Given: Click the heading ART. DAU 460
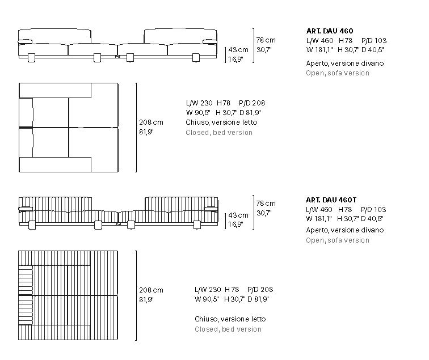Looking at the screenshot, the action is point(330,31).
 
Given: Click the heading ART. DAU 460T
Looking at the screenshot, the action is point(331,200).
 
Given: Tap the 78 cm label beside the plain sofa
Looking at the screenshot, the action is point(266,40).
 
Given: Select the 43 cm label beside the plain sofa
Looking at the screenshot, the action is point(238,50).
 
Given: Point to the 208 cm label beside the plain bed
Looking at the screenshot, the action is point(151,122).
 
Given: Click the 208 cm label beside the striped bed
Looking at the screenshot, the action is point(151,290).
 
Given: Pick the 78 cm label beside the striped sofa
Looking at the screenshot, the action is point(266,204).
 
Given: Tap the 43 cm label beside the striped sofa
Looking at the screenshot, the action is point(238,215).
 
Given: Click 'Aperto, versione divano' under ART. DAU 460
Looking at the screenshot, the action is point(345,63).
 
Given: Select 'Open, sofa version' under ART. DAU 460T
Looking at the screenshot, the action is point(338,240).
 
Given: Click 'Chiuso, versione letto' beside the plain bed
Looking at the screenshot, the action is point(221,122).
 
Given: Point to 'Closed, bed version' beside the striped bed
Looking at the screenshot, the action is point(228,329).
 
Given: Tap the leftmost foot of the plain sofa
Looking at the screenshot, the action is point(31,58).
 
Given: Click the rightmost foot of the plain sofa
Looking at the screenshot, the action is point(196,58).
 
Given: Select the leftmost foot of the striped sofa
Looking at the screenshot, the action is point(32,225).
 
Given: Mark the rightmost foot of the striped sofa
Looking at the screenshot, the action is point(197,225).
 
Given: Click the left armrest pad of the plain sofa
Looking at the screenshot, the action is point(25,41).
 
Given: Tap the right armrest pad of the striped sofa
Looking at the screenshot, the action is point(211,209).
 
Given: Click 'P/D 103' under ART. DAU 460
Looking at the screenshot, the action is point(374,41).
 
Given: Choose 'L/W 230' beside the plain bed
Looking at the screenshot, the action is point(199,103).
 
